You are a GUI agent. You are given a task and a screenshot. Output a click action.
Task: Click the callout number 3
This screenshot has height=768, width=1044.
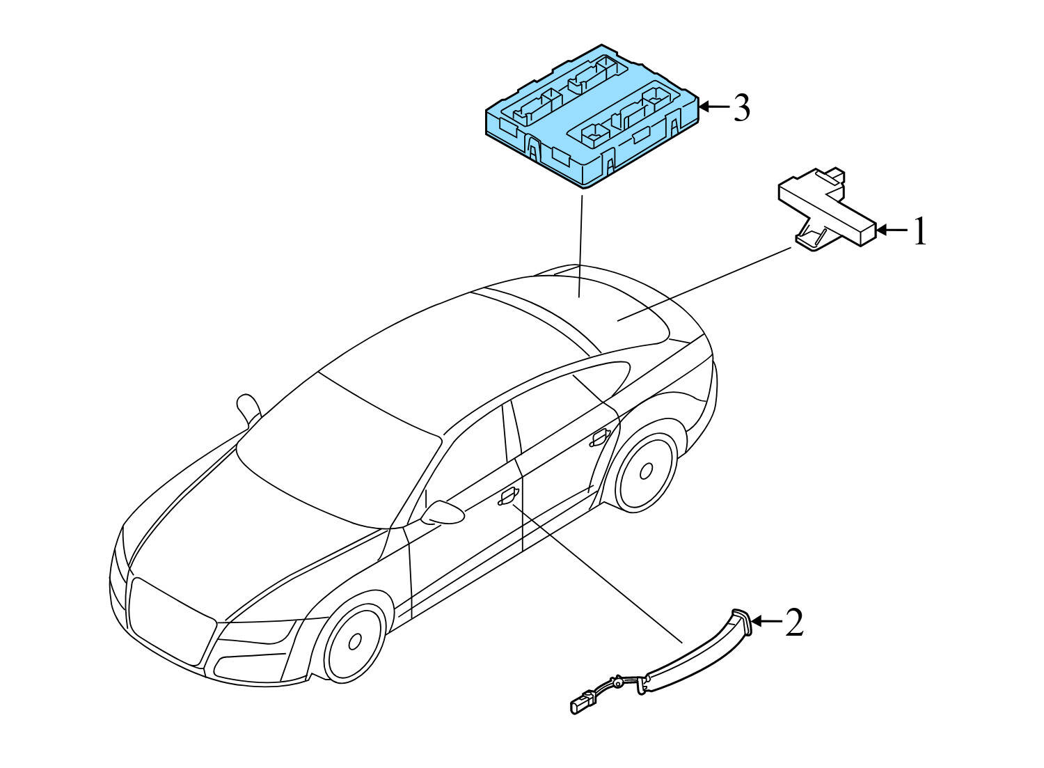(x=741, y=109)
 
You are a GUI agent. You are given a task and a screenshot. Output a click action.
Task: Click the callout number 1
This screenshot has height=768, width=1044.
(x=920, y=231)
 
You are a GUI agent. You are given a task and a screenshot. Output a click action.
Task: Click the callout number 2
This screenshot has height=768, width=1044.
(x=794, y=622)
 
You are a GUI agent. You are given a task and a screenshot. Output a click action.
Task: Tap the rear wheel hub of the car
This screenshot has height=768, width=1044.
(x=646, y=471)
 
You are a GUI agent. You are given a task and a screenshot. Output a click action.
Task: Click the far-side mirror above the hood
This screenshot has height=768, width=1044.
(x=246, y=407)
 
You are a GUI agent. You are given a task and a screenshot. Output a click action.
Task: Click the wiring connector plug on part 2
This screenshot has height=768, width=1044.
(x=581, y=704)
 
